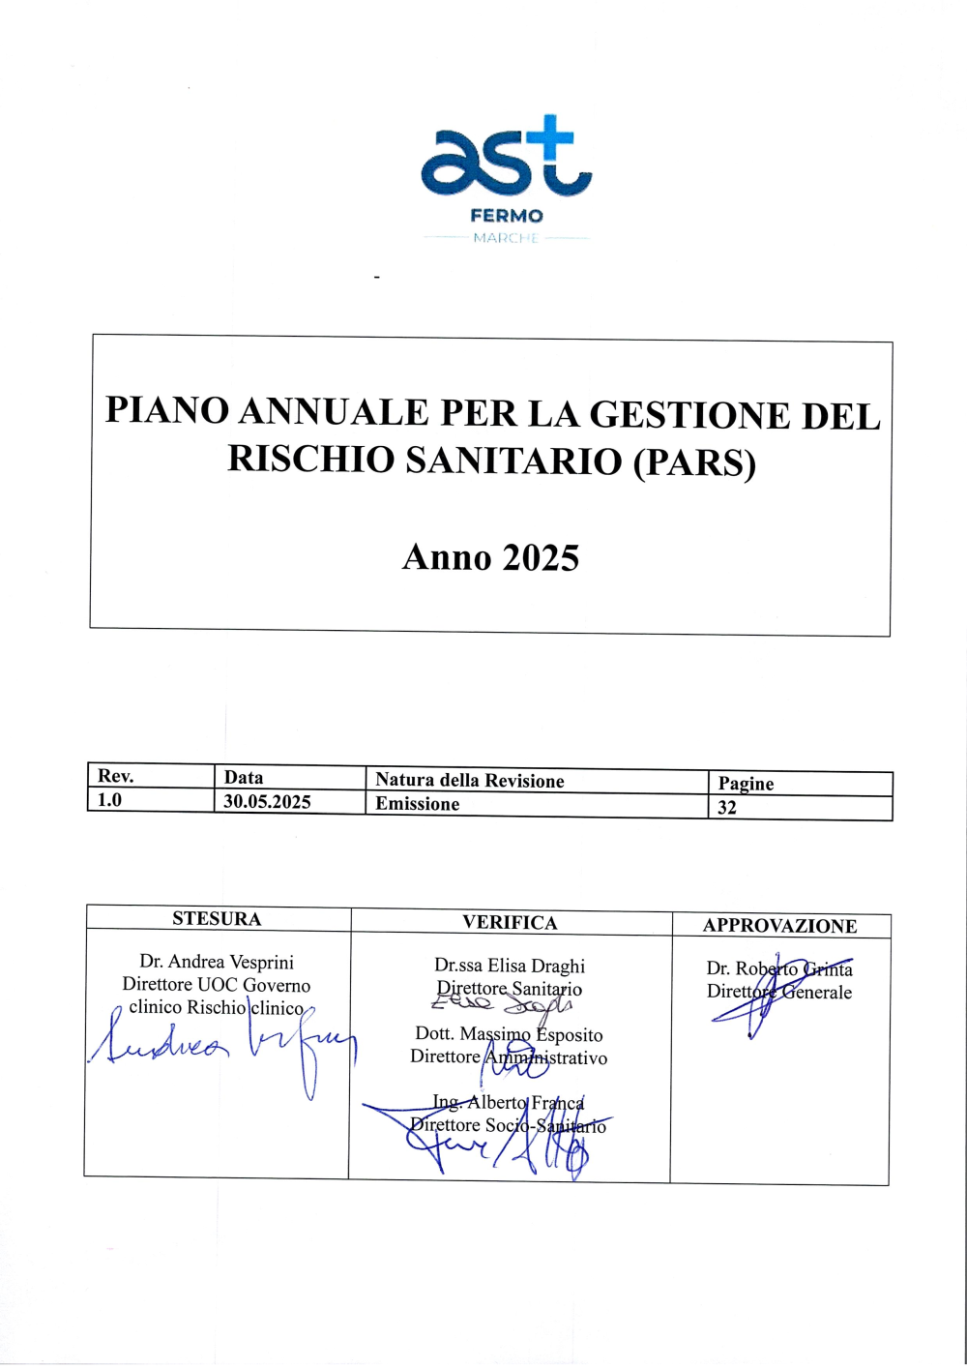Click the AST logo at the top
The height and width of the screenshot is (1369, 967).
[506, 157]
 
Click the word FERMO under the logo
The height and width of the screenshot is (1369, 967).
[507, 216]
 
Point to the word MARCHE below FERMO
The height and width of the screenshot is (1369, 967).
[506, 238]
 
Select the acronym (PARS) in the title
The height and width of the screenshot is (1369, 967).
[694, 462]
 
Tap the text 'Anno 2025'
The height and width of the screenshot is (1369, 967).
[490, 558]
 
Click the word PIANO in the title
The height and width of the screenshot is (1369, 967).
[166, 411]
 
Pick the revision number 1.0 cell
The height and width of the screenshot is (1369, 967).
[110, 800]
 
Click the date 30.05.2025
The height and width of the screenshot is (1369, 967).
[267, 801]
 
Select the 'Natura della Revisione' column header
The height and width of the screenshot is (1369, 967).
[469, 781]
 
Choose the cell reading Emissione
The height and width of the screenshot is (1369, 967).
[418, 804]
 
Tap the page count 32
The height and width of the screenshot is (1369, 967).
[727, 807]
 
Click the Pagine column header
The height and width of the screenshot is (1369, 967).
[746, 784]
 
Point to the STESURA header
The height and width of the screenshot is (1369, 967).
[217, 919]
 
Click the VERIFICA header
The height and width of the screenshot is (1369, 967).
[510, 923]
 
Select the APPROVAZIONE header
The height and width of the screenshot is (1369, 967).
[779, 926]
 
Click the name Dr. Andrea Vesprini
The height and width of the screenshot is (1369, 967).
[217, 962]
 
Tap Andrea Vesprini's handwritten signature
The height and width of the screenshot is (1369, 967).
[222, 1048]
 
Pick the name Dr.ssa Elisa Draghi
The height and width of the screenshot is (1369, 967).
[510, 966]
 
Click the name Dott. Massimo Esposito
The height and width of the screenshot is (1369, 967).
[509, 1034]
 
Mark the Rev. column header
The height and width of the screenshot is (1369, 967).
[115, 776]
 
